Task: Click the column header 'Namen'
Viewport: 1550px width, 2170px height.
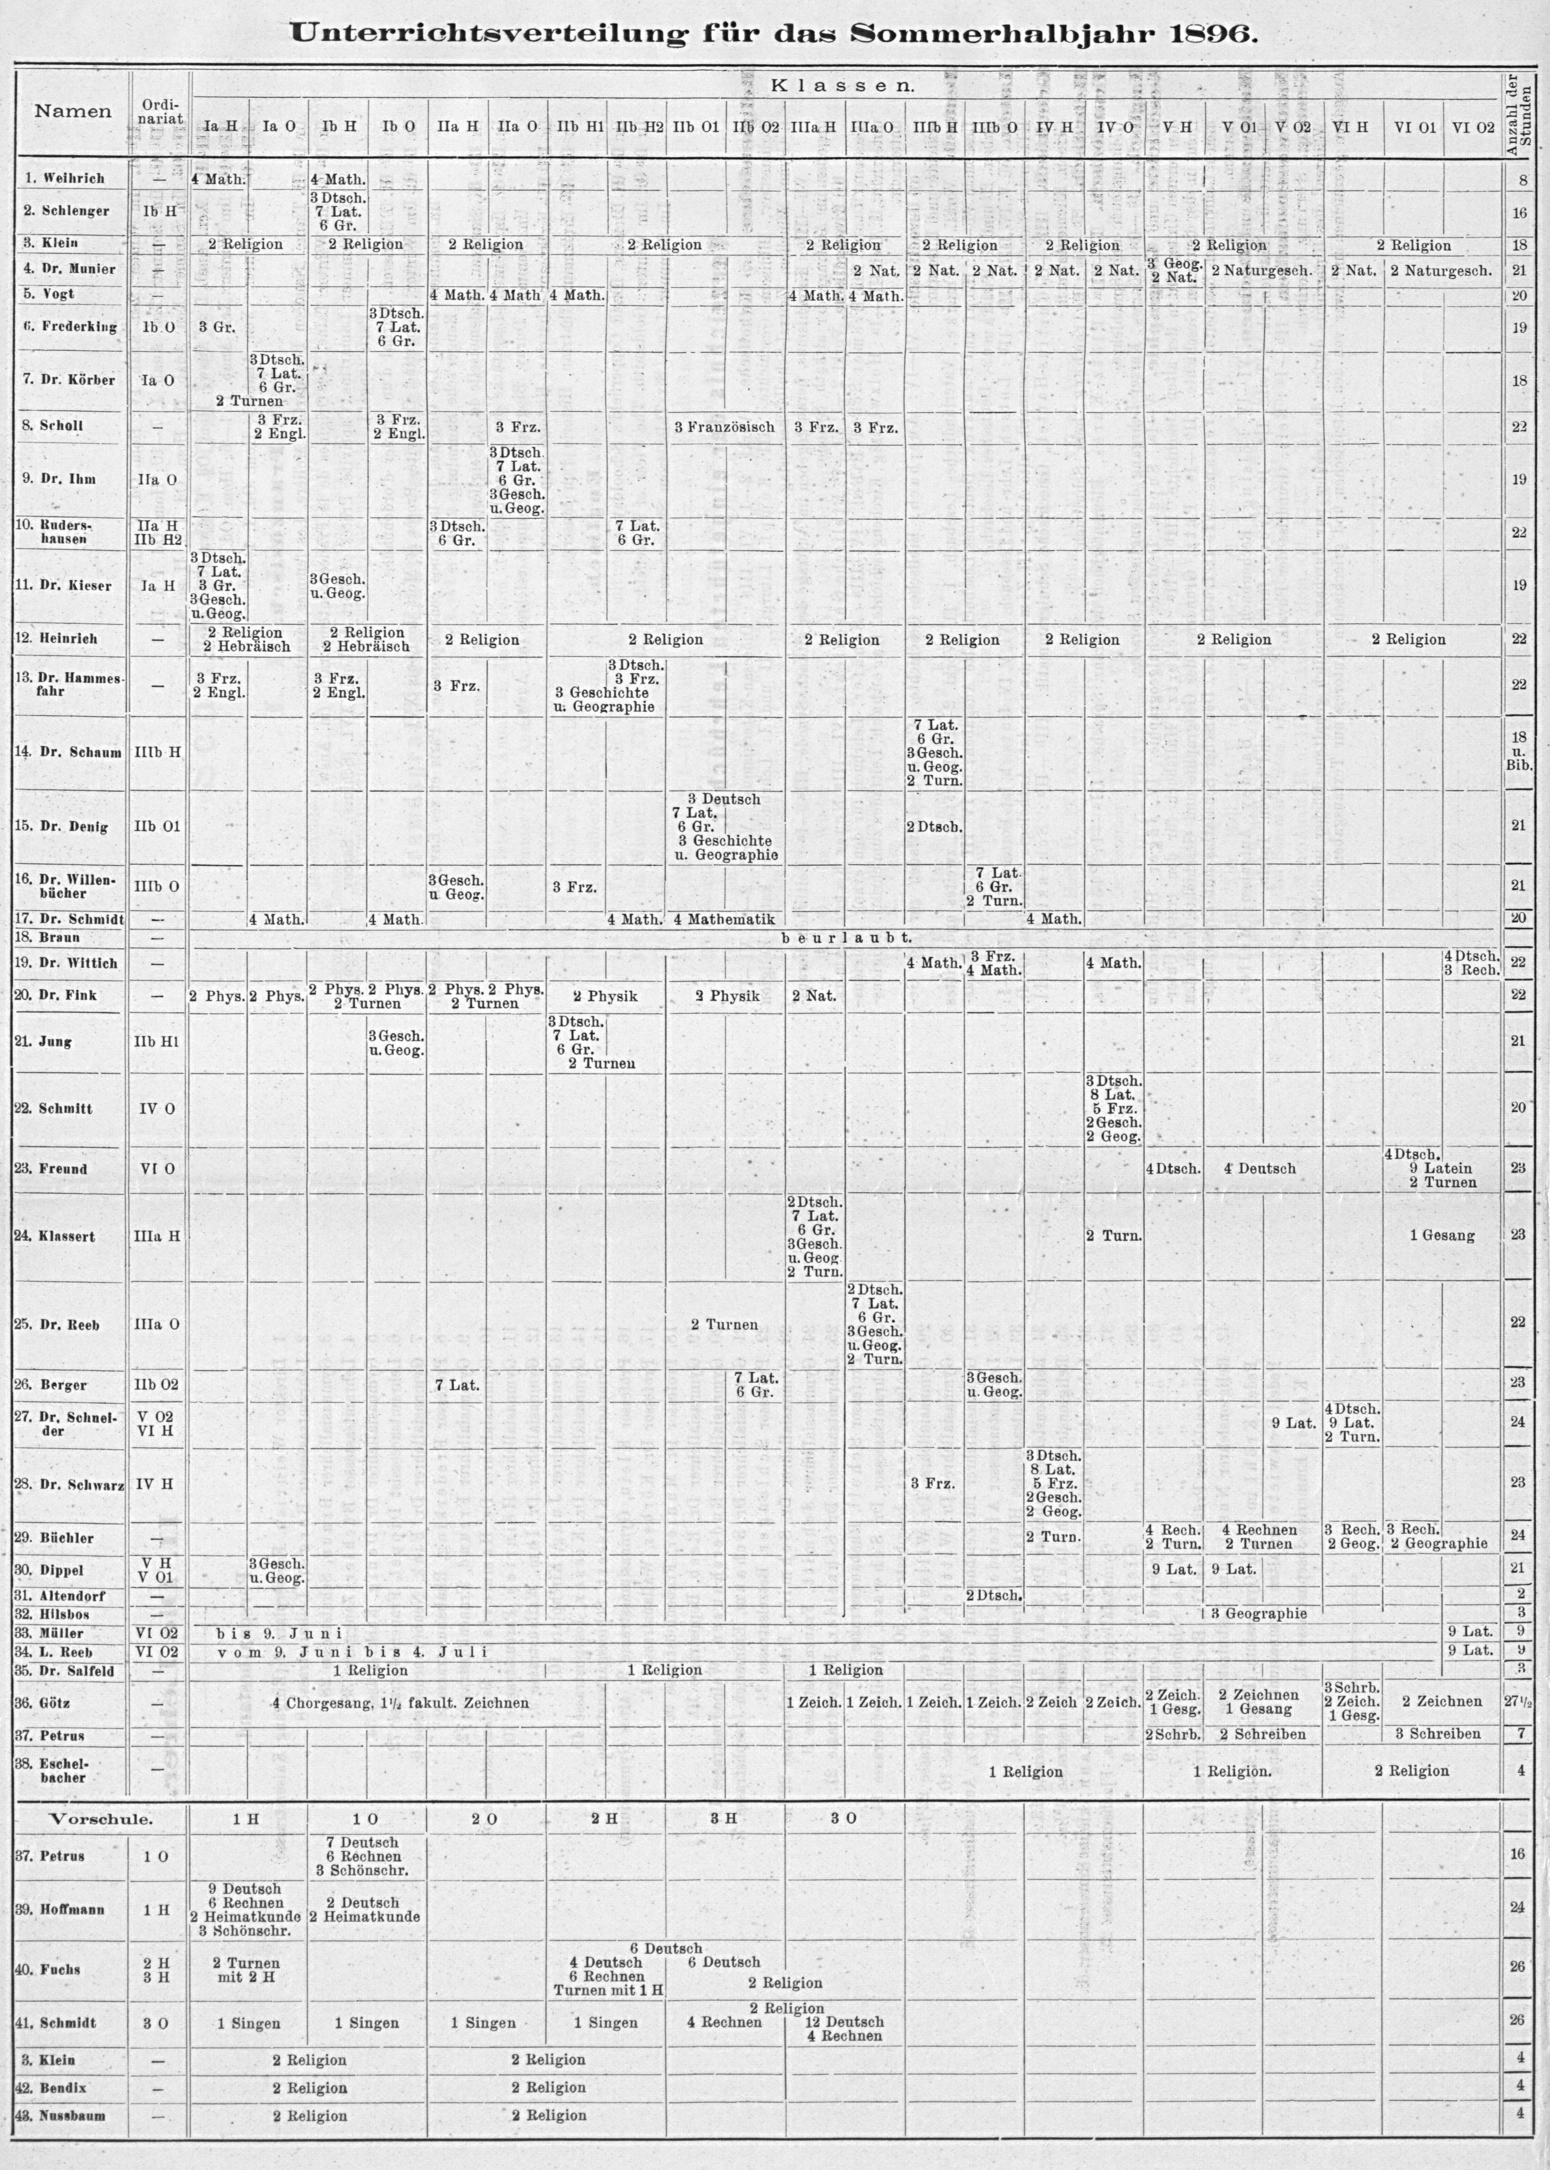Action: click(x=73, y=111)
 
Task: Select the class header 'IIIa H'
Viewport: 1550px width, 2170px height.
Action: click(x=814, y=125)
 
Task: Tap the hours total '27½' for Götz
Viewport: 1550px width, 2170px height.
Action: click(x=1518, y=1702)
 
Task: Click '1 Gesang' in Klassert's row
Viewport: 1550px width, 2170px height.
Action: click(x=1442, y=1236)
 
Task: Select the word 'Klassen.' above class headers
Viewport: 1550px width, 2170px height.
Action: click(x=843, y=85)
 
